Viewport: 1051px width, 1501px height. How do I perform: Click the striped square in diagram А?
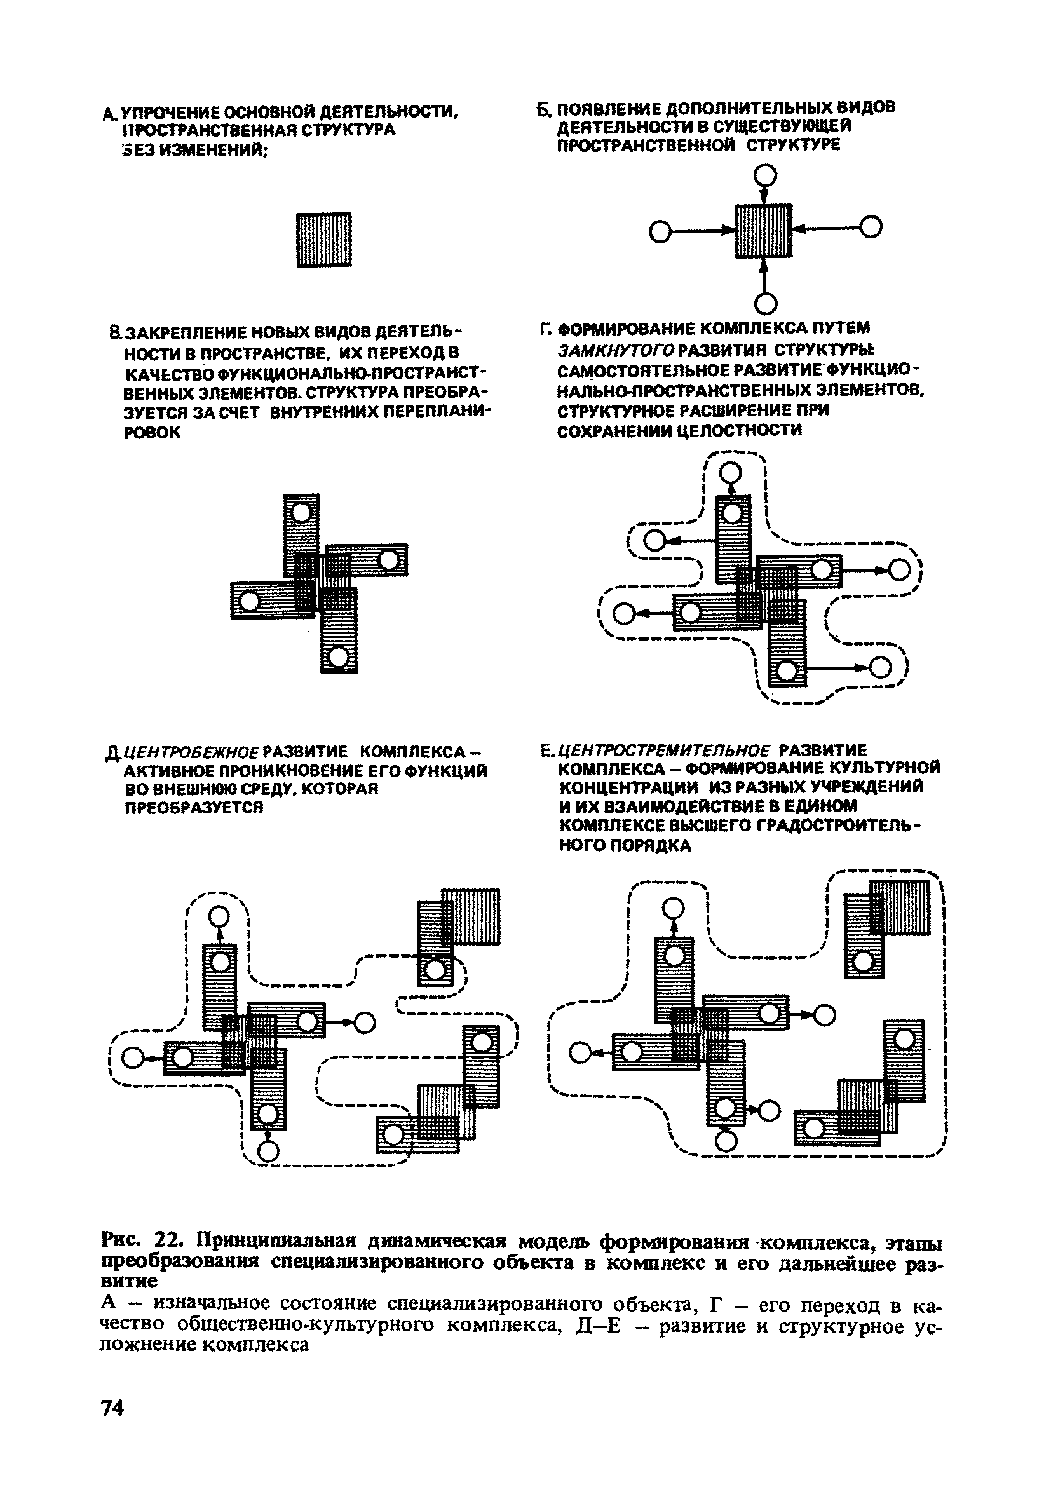coord(323,240)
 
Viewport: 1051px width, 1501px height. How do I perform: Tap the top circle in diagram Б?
coord(764,175)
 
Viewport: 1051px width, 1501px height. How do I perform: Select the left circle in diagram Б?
coord(661,231)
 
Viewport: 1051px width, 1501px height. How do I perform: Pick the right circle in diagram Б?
coord(871,228)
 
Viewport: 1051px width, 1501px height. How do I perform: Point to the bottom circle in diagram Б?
coord(765,303)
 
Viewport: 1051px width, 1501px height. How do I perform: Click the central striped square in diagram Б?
coord(763,230)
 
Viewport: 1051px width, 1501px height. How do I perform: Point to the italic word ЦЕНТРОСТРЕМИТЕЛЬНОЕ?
coord(665,750)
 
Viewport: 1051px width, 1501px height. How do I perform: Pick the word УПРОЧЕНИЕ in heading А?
coord(166,113)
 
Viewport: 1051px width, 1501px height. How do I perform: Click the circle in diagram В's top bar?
coord(301,512)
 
